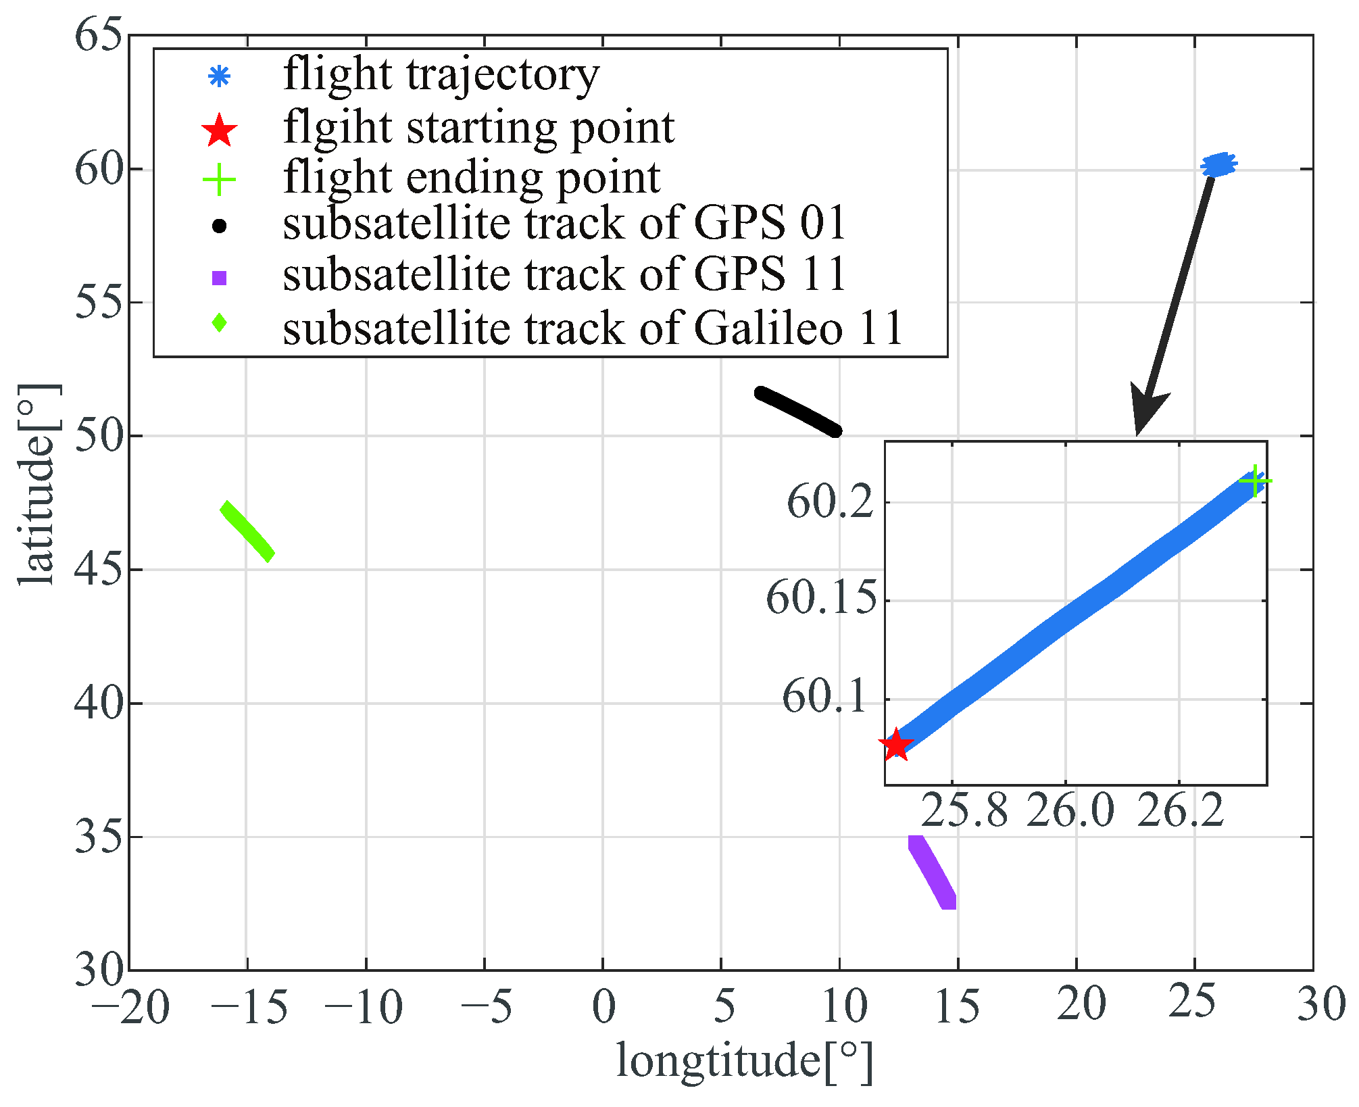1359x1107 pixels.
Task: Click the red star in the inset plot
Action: click(896, 745)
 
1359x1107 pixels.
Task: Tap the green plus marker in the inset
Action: click(1255, 481)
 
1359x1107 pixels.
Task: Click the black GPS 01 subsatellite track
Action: click(798, 412)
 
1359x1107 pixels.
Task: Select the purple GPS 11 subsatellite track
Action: click(933, 872)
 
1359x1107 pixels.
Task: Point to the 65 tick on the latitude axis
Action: click(99, 35)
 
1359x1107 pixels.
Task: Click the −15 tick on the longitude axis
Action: click(249, 1006)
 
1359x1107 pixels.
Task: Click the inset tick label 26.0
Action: click(1070, 810)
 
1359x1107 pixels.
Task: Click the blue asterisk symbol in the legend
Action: click(219, 76)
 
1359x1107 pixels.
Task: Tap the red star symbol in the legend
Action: click(219, 130)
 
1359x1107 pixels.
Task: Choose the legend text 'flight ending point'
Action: click(471, 178)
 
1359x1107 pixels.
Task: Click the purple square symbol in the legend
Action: click(219, 278)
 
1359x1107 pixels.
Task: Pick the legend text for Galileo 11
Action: click(593, 328)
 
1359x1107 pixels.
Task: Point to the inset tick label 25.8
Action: click(964, 810)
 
